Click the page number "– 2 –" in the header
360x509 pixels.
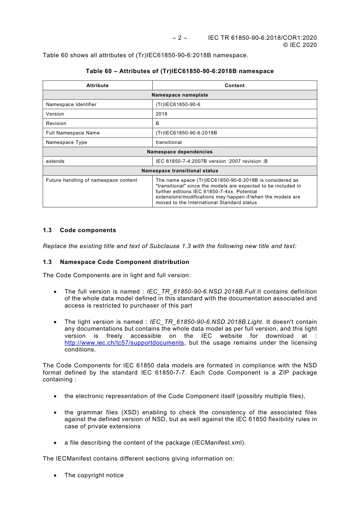point(180,38)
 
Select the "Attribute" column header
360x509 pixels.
point(97,86)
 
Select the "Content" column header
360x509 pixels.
point(235,86)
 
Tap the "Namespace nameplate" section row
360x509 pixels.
point(180,95)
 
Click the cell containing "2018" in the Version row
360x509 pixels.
point(161,114)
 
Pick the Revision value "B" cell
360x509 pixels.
point(158,123)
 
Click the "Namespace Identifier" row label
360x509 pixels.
point(71,105)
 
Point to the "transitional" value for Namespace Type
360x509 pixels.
point(169,142)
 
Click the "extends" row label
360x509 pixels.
point(55,161)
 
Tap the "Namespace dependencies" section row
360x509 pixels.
point(180,152)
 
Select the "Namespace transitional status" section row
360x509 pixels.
point(180,171)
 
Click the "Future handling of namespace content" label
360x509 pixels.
point(92,180)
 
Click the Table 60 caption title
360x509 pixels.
point(180,71)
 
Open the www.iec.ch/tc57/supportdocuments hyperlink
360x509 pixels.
point(124,343)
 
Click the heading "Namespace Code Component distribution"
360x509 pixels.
point(124,262)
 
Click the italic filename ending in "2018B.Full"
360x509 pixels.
point(201,292)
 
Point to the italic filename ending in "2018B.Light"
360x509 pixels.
point(206,322)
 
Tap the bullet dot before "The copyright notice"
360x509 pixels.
point(55,476)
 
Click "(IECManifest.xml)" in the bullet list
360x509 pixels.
point(219,443)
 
